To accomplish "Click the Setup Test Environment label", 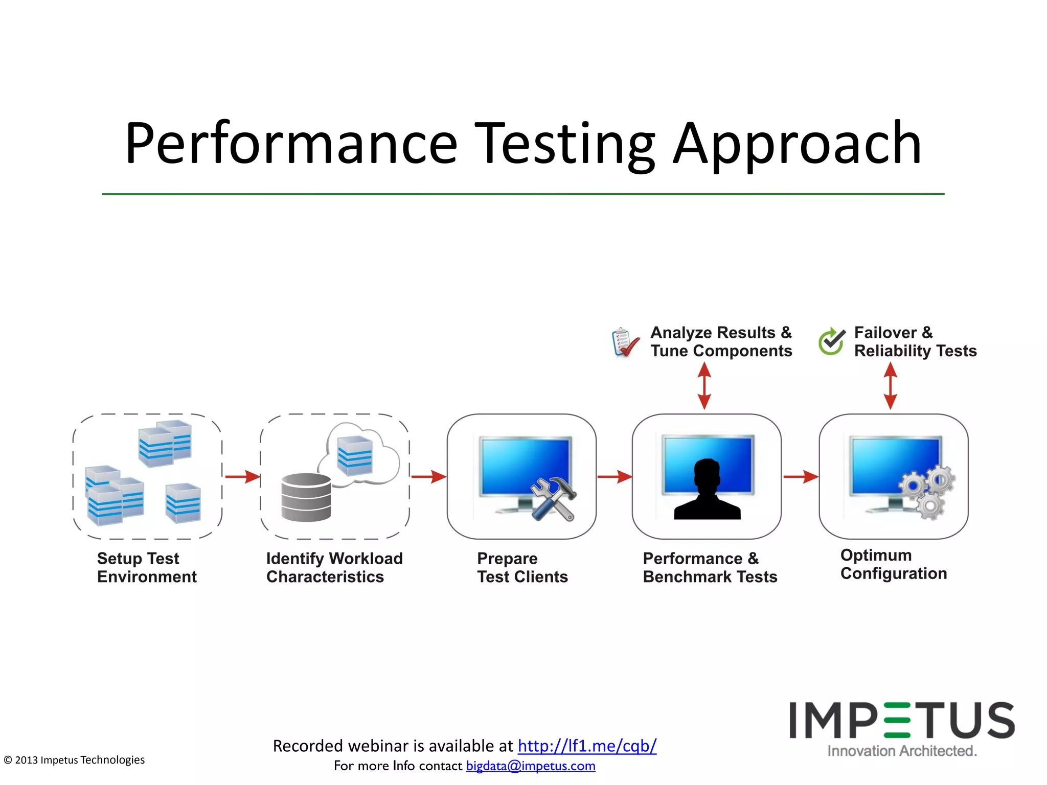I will pos(147,567).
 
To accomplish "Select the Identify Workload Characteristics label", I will pos(334,567).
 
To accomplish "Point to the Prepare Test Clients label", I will pos(522,567).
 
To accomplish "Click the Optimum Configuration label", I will pos(893,564).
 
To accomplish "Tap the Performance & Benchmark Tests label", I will pos(710,567).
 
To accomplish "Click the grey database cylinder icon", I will pos(306,497).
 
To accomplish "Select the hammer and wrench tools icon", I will pos(553,498).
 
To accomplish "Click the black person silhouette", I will pos(707,491).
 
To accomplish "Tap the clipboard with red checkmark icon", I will pos(625,342).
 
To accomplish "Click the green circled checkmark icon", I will pos(831,341).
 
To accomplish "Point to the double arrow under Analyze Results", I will pos(704,386).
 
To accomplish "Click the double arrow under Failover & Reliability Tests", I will pos(890,386).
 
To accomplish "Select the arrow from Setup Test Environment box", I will pos(242,477).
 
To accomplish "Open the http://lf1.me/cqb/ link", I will pos(587,746).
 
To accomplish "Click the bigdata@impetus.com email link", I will pos(531,766).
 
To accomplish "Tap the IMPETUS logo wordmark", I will pos(902,721).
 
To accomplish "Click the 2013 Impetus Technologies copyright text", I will pos(75,760).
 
